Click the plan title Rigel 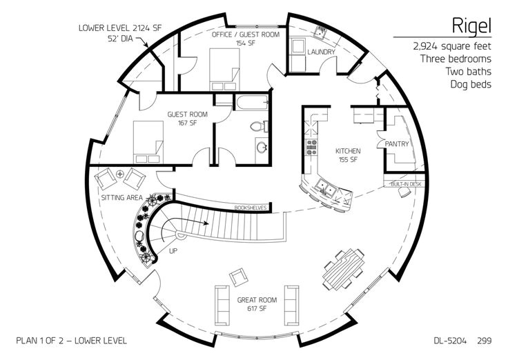pos(471,26)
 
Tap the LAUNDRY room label pos(321,52)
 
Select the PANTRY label pos(397,143)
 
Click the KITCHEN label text pos(348,151)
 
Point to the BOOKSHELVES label pos(251,208)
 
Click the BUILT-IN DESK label pos(406,184)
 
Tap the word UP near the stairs pos(173,251)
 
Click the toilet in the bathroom pos(260,126)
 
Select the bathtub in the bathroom pos(252,103)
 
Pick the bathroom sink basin pos(261,148)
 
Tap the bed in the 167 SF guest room pos(148,142)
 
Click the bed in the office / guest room pos(224,69)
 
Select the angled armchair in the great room pos(239,277)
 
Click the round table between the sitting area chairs pos(120,174)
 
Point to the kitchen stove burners pos(312,147)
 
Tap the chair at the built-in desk pos(404,192)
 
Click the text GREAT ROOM pos(257,300)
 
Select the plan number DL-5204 pos(450,341)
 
